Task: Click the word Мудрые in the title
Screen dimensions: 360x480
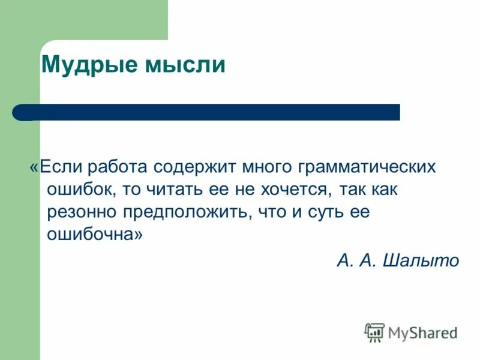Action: pos(88,65)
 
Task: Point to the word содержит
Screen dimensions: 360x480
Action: pos(195,166)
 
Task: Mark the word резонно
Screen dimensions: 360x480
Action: pos(82,212)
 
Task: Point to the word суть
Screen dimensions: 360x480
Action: pos(323,212)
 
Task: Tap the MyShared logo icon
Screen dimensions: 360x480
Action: pos(375,332)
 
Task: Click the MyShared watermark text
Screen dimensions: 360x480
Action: pos(423,332)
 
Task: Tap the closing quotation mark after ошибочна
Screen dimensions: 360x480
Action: pos(139,235)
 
